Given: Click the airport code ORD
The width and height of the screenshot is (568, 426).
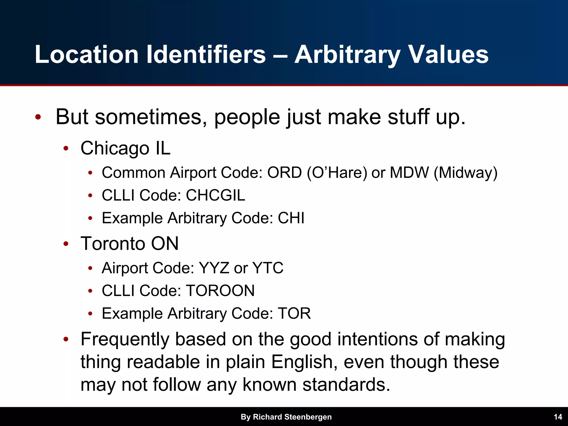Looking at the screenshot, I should [x=284, y=173].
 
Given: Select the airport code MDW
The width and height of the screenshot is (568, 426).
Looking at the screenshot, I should [x=409, y=173].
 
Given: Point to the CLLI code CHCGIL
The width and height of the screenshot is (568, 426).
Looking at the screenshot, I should [x=215, y=195].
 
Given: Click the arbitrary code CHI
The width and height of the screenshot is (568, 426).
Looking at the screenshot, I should [x=291, y=218].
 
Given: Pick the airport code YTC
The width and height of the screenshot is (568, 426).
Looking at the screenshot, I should [x=268, y=268].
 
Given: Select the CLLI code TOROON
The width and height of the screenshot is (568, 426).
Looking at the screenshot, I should [x=220, y=291].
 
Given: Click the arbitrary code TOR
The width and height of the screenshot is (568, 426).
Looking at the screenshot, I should [x=294, y=313].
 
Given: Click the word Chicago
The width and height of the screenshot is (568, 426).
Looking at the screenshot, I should [x=115, y=148].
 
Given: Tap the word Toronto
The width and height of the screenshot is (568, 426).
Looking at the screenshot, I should [x=112, y=244].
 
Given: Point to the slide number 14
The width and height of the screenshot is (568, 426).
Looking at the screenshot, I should [x=558, y=417].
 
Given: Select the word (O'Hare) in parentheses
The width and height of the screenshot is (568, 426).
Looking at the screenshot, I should [x=337, y=173].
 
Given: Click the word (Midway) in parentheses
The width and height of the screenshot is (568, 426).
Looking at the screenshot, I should [x=466, y=173].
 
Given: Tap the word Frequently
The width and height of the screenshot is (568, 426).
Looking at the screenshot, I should [x=125, y=339].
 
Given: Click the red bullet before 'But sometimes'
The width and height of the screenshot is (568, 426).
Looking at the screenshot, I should [x=38, y=117].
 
